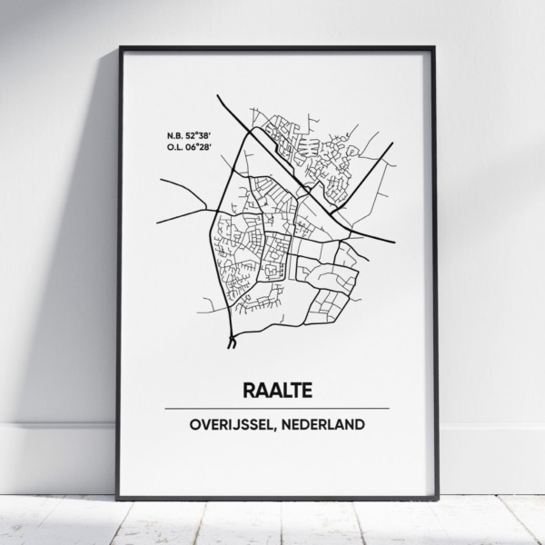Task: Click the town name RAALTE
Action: click(x=277, y=391)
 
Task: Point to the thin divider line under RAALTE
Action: click(x=277, y=409)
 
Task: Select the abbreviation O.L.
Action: click(x=176, y=146)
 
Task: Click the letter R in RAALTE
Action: click(x=249, y=391)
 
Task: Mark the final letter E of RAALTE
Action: click(x=305, y=391)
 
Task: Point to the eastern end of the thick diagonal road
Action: click(x=393, y=243)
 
